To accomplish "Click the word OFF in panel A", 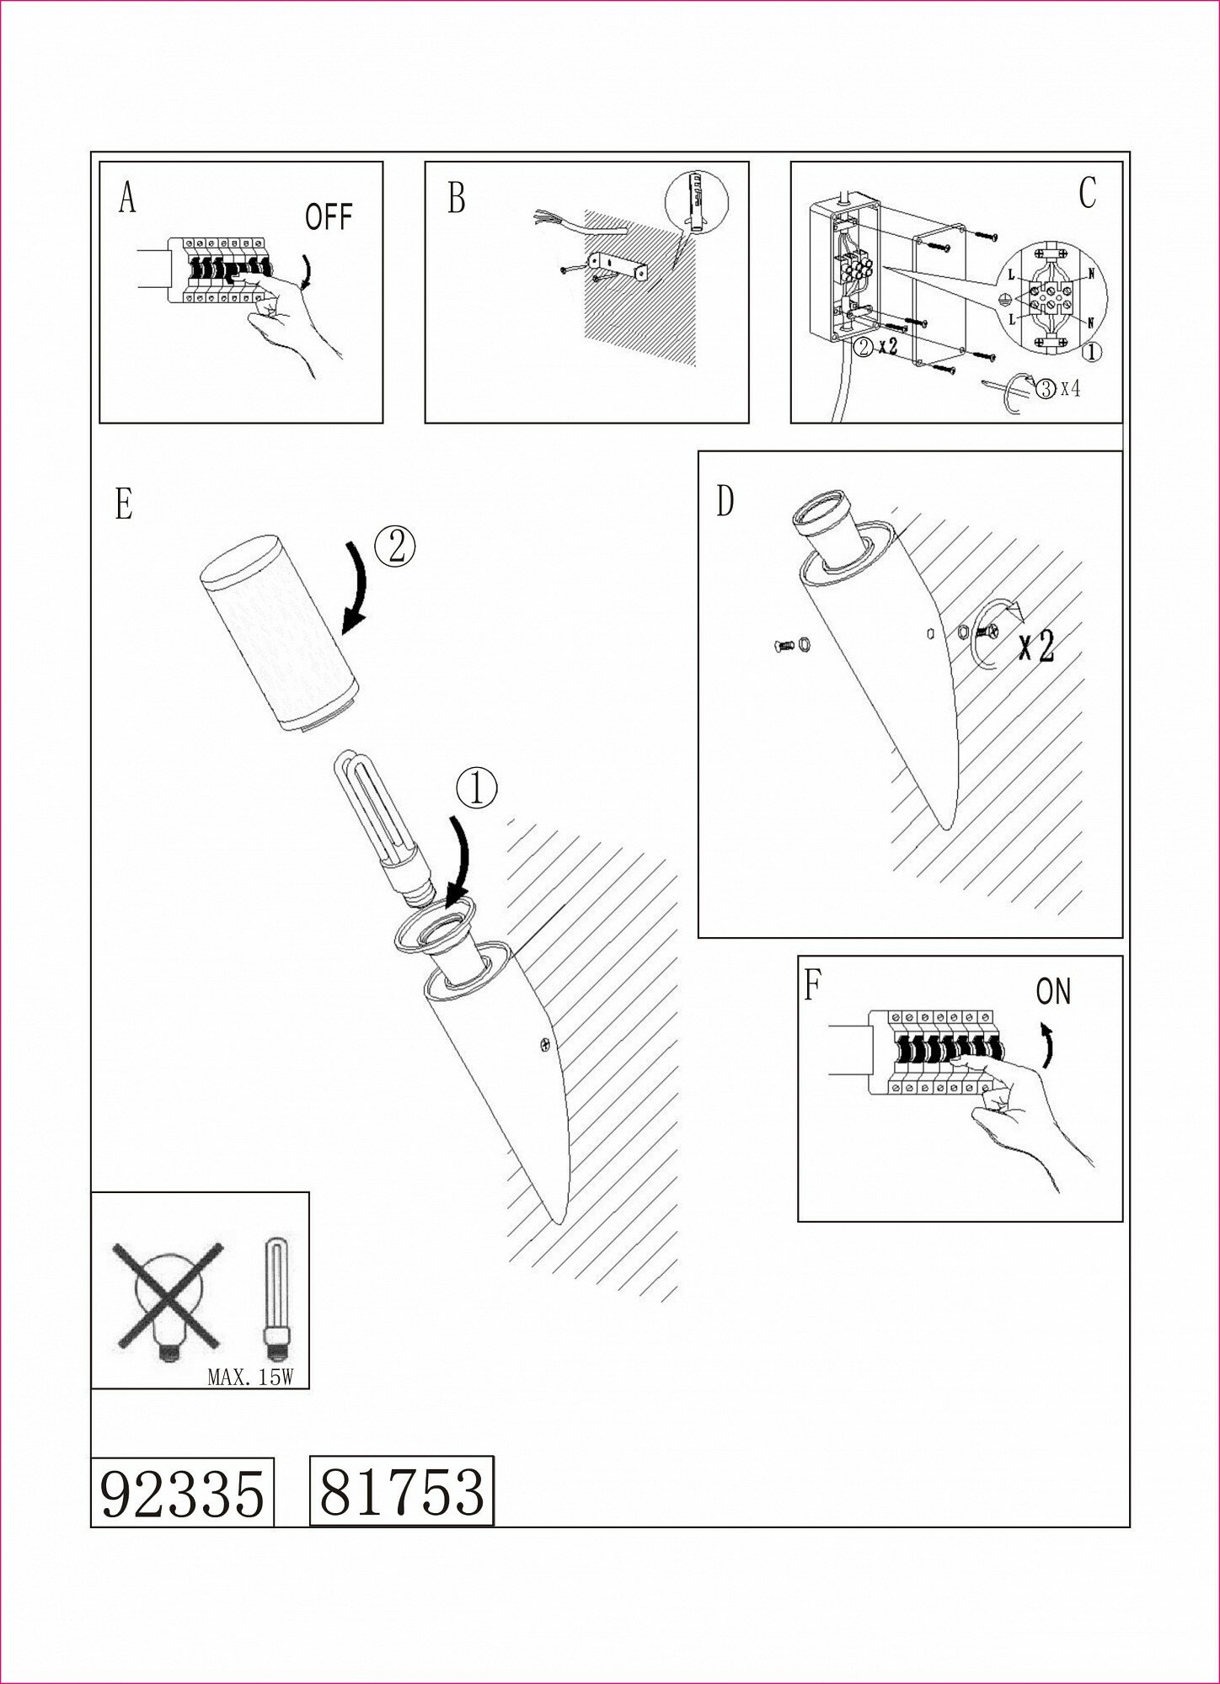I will (328, 218).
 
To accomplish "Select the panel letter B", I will (456, 200).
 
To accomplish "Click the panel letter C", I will (1087, 194).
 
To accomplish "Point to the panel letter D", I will (725, 502).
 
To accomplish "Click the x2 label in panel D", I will (1035, 646).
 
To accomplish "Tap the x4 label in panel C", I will (1070, 389).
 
